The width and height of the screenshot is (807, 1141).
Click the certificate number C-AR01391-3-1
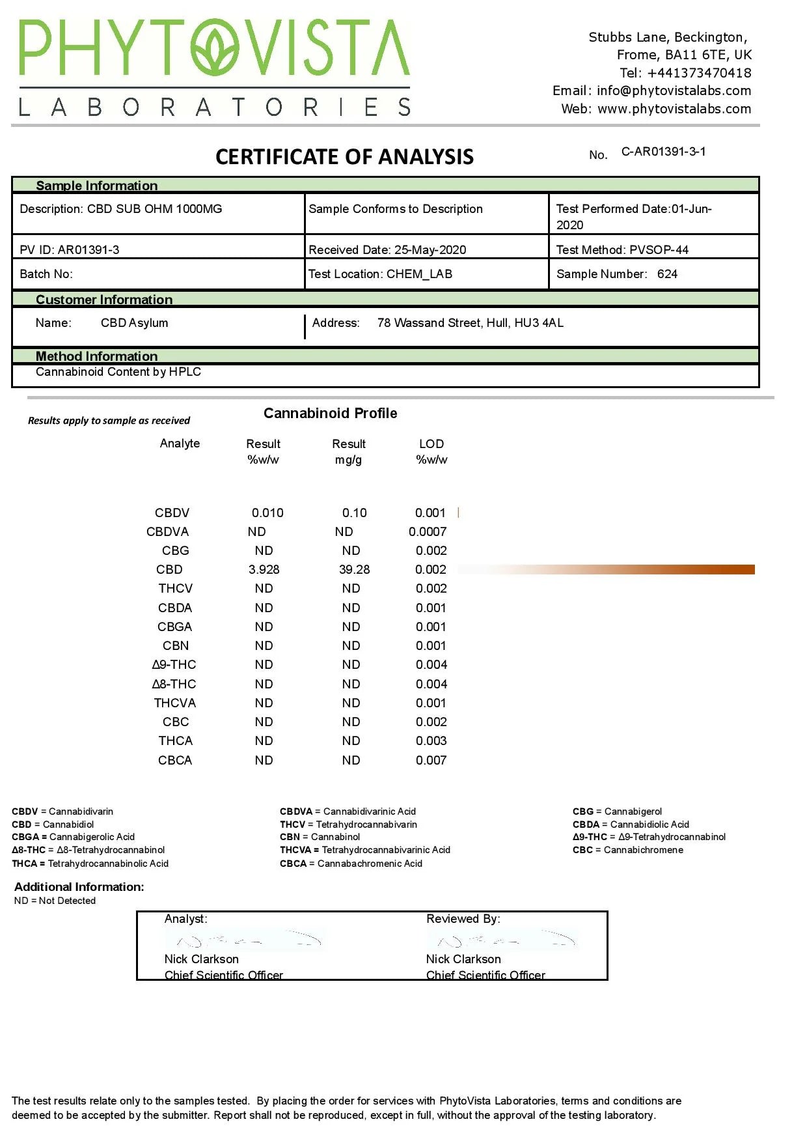(x=663, y=152)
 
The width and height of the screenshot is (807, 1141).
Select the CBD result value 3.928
(x=264, y=570)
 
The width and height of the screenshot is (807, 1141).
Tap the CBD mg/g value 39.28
(x=354, y=570)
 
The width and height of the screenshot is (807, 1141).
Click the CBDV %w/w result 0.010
(x=267, y=513)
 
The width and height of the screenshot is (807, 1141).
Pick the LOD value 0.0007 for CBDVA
(x=428, y=532)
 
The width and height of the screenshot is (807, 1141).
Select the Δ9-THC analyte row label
(x=174, y=665)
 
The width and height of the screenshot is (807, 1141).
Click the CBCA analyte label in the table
(x=175, y=761)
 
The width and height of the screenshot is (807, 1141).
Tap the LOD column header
(x=431, y=444)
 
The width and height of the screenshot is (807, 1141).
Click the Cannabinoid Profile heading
(x=330, y=414)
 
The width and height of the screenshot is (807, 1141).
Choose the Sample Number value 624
(x=667, y=274)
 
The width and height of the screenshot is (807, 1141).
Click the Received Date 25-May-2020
(x=430, y=250)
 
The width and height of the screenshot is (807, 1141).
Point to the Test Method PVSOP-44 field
(x=622, y=250)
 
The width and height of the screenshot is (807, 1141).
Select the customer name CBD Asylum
(x=134, y=323)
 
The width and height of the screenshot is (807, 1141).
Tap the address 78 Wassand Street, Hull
(x=470, y=323)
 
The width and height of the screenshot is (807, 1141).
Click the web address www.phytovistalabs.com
(x=674, y=109)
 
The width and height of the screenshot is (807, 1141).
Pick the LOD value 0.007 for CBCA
(x=431, y=761)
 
